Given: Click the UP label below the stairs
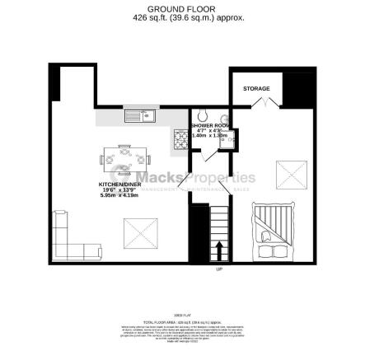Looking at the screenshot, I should click(x=219, y=269).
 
